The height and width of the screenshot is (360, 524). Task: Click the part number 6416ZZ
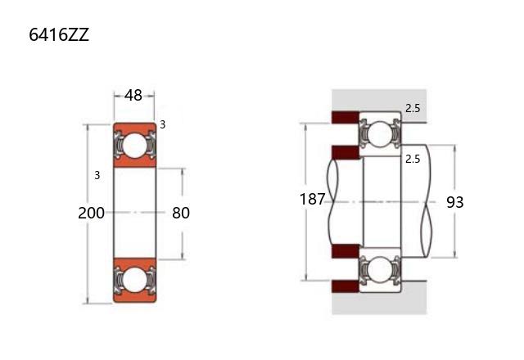[59, 34]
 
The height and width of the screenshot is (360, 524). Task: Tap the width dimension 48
[133, 96]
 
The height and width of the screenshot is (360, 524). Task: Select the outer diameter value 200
[91, 213]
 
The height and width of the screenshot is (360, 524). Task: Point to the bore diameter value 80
[181, 213]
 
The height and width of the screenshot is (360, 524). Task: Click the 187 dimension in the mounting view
[312, 200]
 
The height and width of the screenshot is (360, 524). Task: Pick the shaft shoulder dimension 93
[455, 202]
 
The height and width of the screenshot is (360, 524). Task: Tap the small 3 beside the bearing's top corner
[162, 124]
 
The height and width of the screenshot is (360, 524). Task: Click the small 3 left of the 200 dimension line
[97, 175]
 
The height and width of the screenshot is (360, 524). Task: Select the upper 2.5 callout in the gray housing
[413, 108]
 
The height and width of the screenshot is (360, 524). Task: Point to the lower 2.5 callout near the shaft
[413, 159]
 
